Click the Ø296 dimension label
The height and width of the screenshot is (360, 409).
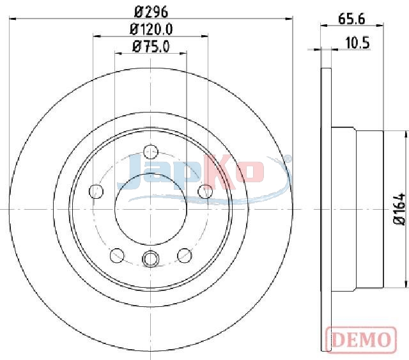coord(151,12)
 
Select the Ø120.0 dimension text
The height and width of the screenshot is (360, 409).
coord(151,29)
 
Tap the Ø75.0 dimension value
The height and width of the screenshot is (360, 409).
coord(151,47)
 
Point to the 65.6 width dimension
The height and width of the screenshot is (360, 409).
coord(351,19)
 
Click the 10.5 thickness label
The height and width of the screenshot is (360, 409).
coord(357,43)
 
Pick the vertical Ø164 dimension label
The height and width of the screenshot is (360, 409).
coord(399,209)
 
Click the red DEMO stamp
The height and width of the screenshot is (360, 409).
coord(361,340)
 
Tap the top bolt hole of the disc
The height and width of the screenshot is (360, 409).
coord(151,152)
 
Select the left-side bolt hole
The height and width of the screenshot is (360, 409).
coord(96,191)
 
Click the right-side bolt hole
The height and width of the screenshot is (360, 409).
coord(205,191)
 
